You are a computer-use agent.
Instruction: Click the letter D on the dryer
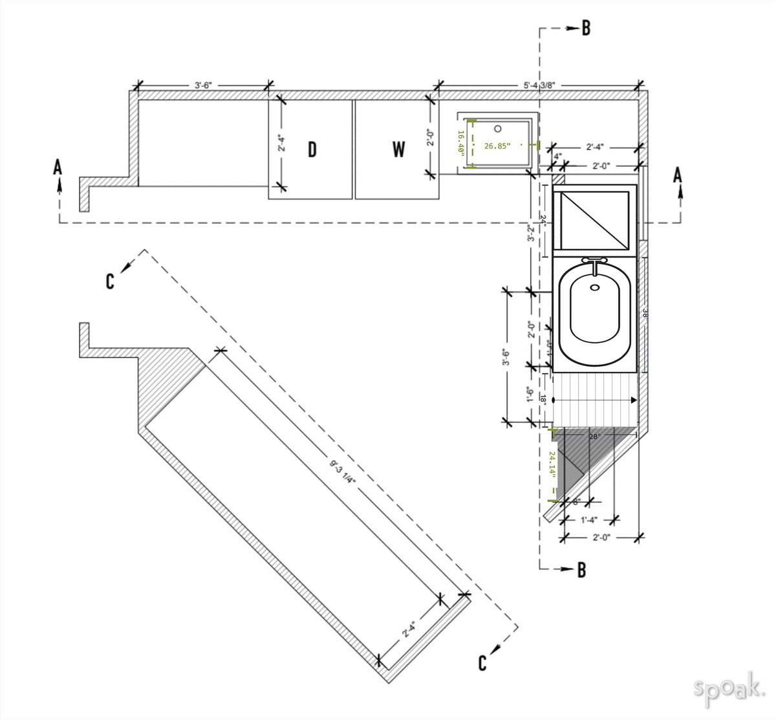[x=312, y=149]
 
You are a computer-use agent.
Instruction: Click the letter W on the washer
[x=398, y=149]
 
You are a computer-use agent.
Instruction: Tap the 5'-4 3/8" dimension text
[x=539, y=85]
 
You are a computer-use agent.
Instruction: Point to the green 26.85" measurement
[x=497, y=146]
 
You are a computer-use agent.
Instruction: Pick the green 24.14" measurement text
[x=552, y=463]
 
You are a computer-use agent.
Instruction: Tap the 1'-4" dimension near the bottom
[x=588, y=519]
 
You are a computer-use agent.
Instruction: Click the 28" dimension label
[x=594, y=437]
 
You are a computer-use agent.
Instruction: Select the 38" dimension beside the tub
[x=645, y=314]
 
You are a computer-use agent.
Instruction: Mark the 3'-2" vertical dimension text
[x=531, y=234]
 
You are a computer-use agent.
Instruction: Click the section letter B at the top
[x=586, y=28]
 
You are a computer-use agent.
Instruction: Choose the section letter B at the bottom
[x=581, y=569]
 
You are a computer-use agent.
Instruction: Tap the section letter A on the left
[x=58, y=168]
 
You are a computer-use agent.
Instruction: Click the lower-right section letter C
[x=482, y=663]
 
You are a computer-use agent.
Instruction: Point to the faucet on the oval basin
[x=595, y=261]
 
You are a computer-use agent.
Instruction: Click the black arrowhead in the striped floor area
[x=634, y=400]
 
